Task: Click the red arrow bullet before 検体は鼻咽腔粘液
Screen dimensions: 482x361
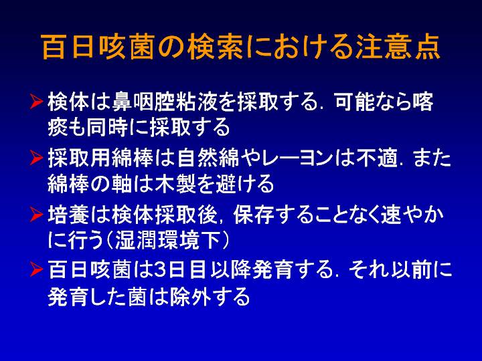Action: [36, 102]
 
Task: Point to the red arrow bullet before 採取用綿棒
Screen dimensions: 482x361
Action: [36, 158]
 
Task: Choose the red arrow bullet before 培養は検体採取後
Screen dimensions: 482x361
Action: [36, 215]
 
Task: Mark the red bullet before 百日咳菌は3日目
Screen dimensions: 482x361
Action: [36, 269]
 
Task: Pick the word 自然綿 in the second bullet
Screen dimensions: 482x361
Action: [208, 158]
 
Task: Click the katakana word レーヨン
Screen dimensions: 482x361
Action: [297, 158]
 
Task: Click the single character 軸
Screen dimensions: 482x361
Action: [121, 184]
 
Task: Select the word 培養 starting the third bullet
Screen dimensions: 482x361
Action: [68, 215]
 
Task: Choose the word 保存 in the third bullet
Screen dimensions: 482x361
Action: [254, 215]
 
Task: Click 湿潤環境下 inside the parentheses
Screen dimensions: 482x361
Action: [167, 240]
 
